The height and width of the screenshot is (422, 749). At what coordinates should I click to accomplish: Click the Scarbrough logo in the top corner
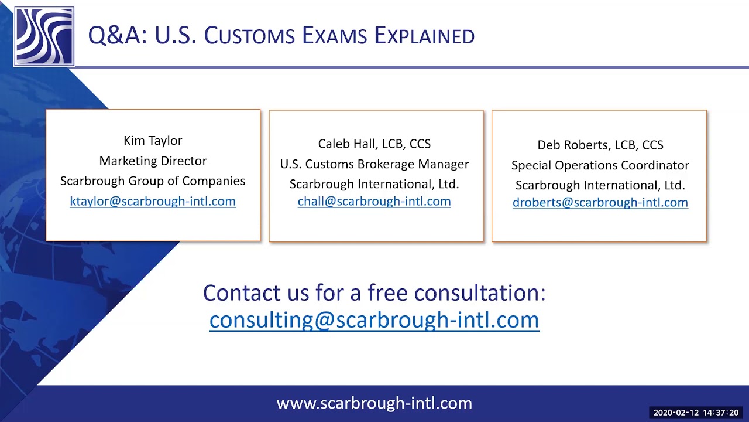tap(44, 36)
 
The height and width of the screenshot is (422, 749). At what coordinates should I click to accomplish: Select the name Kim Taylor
tap(153, 141)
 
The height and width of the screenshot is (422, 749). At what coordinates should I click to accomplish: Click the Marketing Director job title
tap(153, 161)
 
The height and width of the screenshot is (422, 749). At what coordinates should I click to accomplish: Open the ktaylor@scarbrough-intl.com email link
tap(153, 201)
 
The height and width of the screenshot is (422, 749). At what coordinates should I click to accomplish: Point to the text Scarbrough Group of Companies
tap(153, 181)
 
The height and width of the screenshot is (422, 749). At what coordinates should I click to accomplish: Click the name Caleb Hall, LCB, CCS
tap(374, 144)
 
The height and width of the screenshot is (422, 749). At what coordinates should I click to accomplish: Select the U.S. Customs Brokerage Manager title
tap(374, 164)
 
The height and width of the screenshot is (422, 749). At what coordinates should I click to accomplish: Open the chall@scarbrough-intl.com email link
tap(374, 201)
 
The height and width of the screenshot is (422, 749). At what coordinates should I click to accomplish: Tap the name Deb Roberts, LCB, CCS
tap(600, 145)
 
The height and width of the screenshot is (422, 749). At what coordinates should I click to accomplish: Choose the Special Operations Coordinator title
tap(600, 165)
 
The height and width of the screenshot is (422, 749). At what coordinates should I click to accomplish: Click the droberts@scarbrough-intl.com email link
tap(600, 202)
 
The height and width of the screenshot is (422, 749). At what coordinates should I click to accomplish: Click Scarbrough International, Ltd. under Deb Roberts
tap(600, 185)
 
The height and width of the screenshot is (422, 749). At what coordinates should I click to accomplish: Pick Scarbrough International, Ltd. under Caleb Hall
tap(374, 184)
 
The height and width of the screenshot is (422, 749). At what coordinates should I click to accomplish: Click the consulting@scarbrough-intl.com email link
tap(374, 320)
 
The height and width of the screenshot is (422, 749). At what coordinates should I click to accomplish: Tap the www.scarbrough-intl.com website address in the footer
tap(374, 403)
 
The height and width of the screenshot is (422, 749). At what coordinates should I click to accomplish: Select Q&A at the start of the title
tap(115, 36)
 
